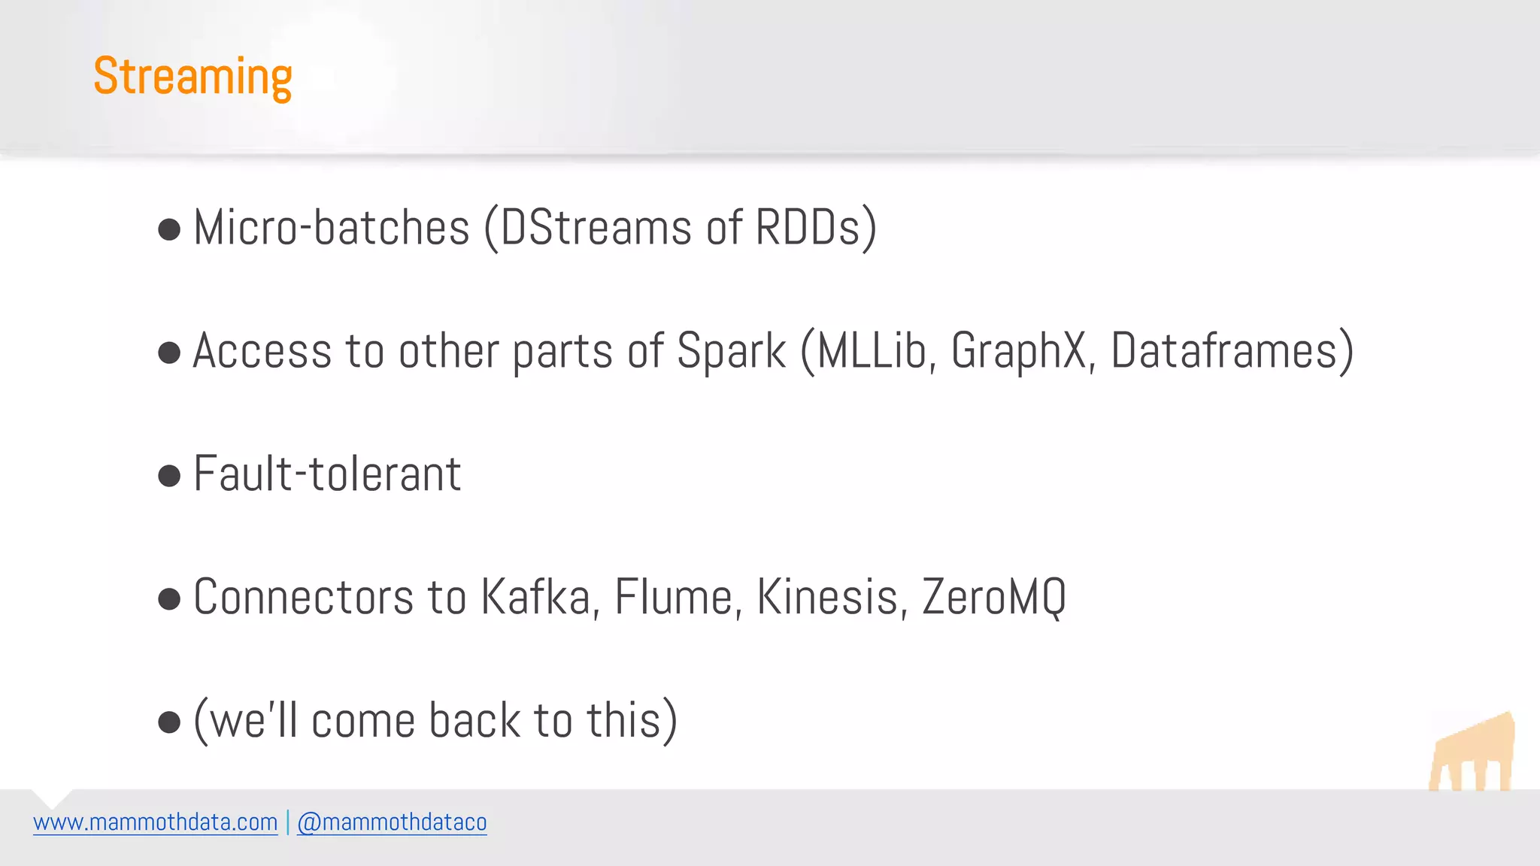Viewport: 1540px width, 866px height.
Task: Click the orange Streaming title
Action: tap(192, 77)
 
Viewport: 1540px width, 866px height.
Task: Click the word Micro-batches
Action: tap(332, 227)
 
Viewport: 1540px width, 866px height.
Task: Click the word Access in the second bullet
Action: tap(262, 351)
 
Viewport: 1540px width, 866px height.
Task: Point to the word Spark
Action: tap(731, 351)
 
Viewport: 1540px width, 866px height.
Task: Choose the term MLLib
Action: tap(872, 351)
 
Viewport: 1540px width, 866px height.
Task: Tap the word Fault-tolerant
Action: tap(327, 474)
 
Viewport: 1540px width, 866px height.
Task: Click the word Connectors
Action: tap(304, 598)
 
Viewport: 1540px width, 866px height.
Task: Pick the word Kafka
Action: tap(535, 598)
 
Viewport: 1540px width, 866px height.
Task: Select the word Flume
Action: tap(674, 598)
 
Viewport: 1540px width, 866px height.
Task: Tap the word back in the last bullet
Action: tap(474, 721)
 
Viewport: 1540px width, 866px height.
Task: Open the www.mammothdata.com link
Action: tap(156, 822)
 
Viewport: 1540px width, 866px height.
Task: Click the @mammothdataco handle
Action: tap(392, 822)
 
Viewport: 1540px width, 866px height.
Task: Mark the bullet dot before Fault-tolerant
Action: tap(170, 476)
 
